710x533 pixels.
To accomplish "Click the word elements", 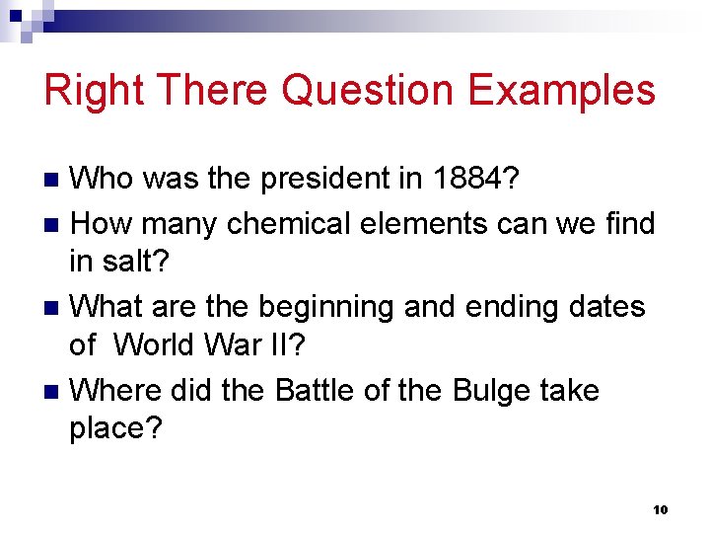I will click(418, 224).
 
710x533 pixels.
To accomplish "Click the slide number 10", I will click(660, 509).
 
